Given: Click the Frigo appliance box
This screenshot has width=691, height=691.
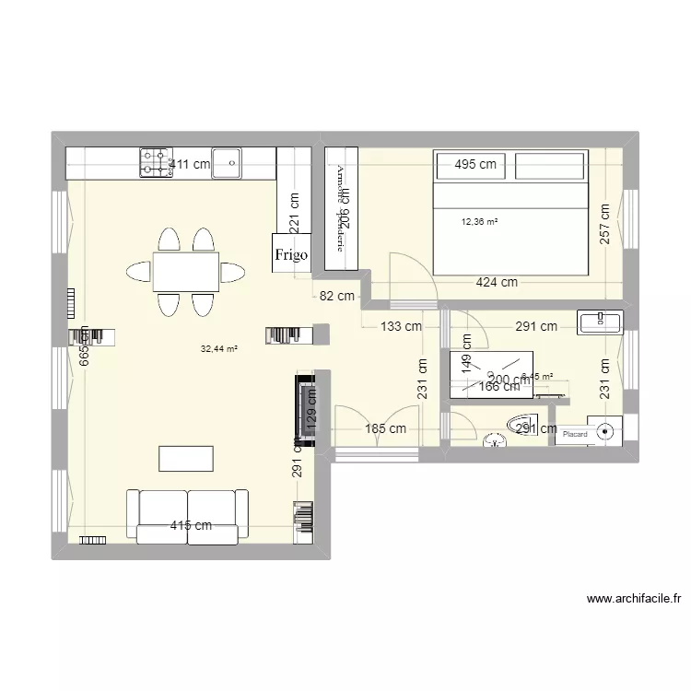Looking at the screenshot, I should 290,252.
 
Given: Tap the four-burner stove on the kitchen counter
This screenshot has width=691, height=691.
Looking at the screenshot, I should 155,162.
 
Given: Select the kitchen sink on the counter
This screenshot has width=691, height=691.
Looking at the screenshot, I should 226,162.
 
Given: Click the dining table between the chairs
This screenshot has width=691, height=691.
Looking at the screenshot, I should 185,273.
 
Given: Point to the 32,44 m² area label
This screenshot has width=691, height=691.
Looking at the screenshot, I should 219,349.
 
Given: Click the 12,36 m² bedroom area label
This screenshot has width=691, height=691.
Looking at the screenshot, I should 479,222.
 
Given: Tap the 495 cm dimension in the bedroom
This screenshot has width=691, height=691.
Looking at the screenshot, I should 474,165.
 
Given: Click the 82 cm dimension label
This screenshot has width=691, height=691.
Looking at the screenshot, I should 337,297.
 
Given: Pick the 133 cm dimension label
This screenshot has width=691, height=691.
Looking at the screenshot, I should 401,325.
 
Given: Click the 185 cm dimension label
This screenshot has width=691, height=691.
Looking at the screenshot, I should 385,428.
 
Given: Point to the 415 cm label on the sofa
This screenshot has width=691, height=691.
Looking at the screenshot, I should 191,526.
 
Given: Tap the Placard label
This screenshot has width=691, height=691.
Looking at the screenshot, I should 575,434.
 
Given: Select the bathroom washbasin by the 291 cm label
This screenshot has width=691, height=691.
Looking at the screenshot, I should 600,321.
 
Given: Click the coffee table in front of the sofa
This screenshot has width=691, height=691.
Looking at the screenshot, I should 186,459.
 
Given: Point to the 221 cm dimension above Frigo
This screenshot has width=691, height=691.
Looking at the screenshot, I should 294,213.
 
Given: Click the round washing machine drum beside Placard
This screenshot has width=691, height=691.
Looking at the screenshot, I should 606,430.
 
